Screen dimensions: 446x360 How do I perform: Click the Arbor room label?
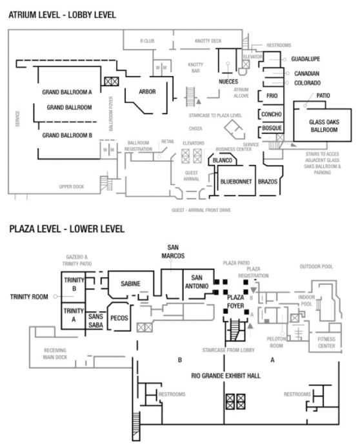point(148,92)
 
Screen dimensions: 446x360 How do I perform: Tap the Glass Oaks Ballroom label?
point(314,126)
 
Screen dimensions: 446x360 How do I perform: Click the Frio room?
point(270,95)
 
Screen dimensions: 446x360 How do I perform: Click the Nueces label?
point(228,82)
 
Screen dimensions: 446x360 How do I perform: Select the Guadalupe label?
point(305,59)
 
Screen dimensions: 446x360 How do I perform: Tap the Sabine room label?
point(130,283)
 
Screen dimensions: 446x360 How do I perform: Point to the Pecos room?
point(119,317)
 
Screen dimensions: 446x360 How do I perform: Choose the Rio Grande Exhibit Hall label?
point(225,374)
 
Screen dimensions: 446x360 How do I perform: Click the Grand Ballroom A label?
point(67,92)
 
